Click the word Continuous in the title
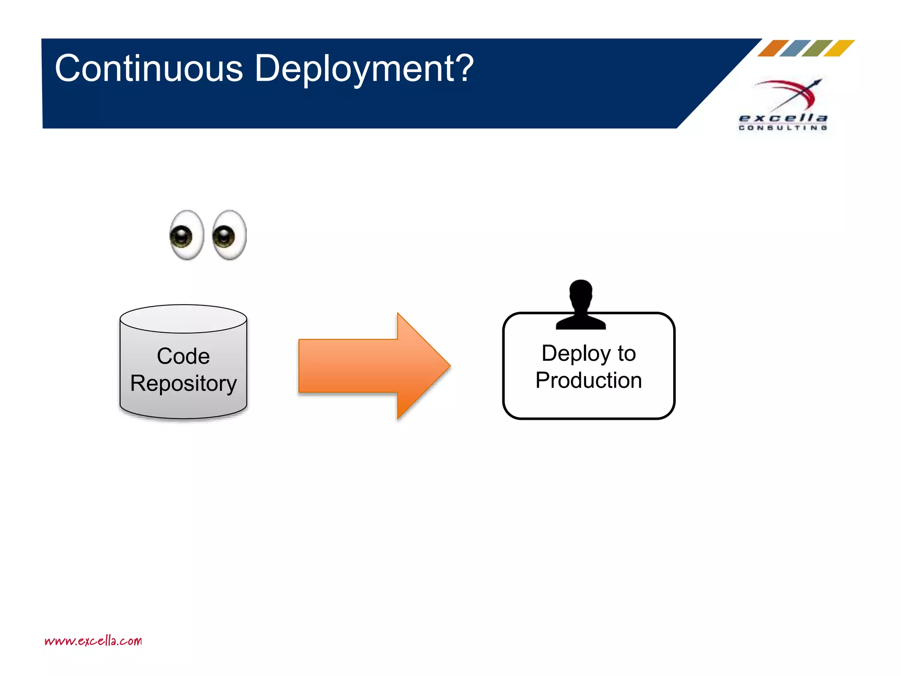[149, 69]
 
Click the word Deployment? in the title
[364, 69]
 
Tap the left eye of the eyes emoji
[187, 235]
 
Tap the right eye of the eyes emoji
[229, 235]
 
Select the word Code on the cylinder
[183, 356]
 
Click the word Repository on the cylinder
[183, 383]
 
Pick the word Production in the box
[588, 380]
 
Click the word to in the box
[626, 353]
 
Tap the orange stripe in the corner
[773, 48]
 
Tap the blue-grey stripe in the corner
[795, 48]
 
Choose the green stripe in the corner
[817, 48]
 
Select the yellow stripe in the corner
[839, 48]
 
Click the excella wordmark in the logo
[783, 118]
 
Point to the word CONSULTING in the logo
[783, 128]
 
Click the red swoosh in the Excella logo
[792, 88]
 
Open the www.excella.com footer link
[93, 641]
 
